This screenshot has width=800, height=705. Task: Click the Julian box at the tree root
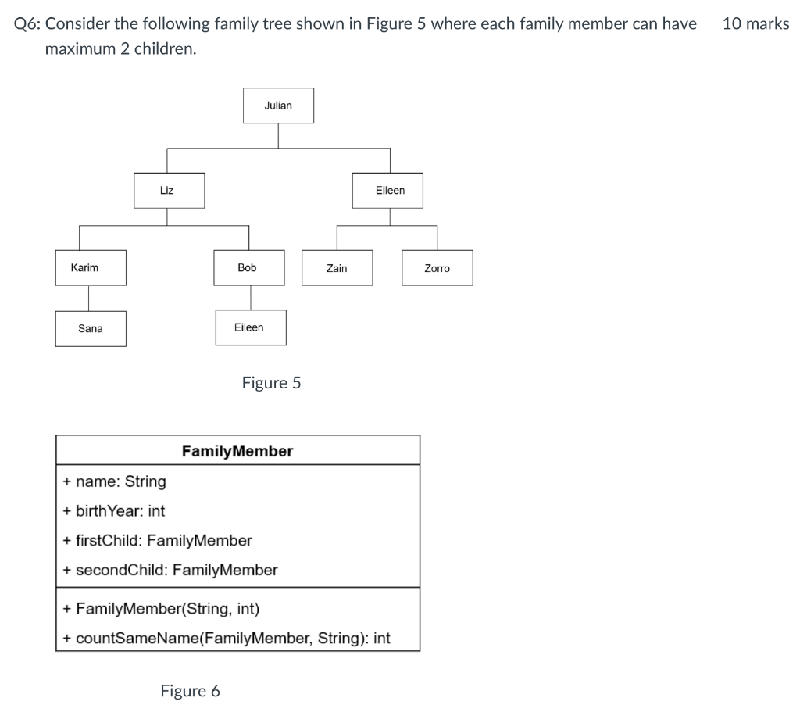[x=278, y=106]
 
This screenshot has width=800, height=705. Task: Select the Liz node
[x=169, y=191]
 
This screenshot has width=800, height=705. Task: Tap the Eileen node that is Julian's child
[x=387, y=191]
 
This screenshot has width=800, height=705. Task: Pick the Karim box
[x=90, y=268]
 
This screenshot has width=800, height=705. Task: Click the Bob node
[x=250, y=268]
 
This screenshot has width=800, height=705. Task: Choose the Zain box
[x=337, y=268]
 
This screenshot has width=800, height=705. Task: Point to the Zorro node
[x=437, y=268]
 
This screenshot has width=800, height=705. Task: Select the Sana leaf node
[x=91, y=329]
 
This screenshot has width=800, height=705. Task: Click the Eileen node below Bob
[x=250, y=327]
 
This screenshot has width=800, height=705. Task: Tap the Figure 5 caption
[x=271, y=383]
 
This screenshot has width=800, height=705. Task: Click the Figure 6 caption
[x=190, y=691]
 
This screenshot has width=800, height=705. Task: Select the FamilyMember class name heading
[x=237, y=451]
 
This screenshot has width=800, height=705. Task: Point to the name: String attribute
[x=115, y=481]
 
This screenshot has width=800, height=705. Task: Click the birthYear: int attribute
[x=114, y=511]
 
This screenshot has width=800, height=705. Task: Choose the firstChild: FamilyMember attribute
[x=158, y=541]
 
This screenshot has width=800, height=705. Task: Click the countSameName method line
[x=227, y=639]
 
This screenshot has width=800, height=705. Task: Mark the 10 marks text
[x=755, y=23]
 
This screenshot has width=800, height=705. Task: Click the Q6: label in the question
[x=28, y=23]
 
